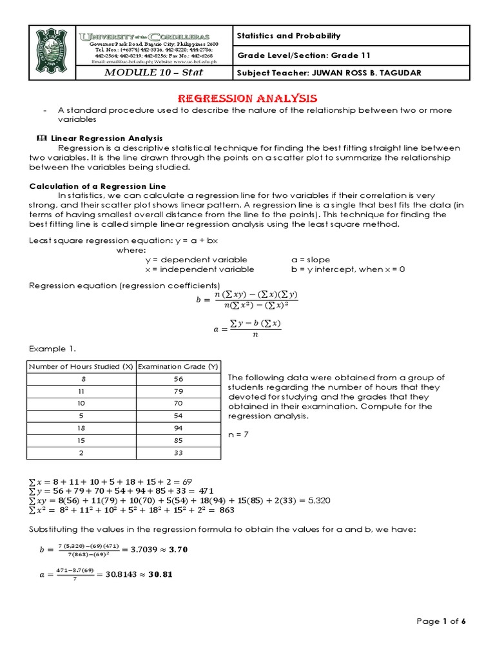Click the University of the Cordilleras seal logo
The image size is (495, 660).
pyautogui.click(x=52, y=53)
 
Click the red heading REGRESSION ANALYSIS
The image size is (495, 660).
pyautogui.click(x=247, y=99)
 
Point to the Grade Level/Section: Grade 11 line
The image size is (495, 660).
pyautogui.click(x=304, y=55)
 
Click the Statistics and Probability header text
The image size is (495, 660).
pyautogui.click(x=289, y=36)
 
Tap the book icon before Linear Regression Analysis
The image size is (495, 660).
pyautogui.click(x=43, y=139)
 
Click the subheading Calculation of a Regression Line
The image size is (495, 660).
pyautogui.click(x=98, y=186)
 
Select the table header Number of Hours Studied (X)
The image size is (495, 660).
pyautogui.click(x=81, y=366)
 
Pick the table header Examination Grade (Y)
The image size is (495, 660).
pyautogui.click(x=178, y=366)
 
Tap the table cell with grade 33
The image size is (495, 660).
pyautogui.click(x=178, y=453)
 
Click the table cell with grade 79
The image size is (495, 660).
pyautogui.click(x=178, y=391)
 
